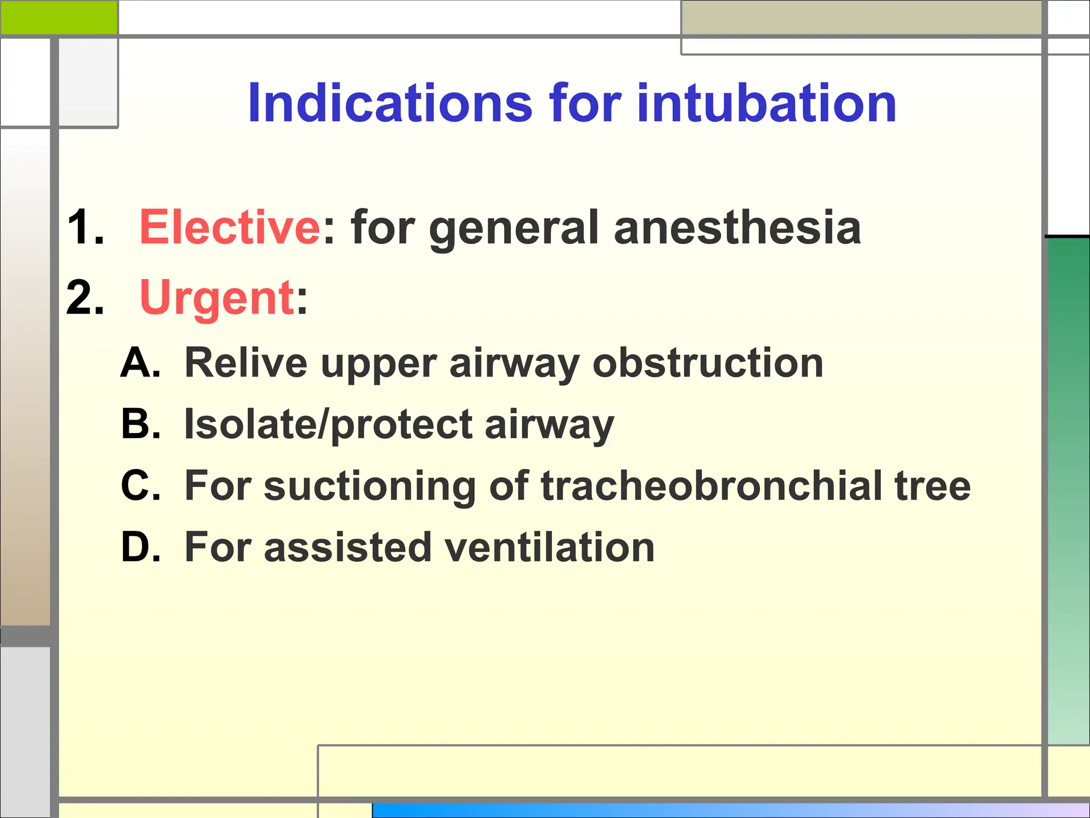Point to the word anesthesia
[737, 227]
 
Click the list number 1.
[85, 227]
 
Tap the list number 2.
[85, 298]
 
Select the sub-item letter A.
[140, 363]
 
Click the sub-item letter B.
[140, 424]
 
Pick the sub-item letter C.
[140, 486]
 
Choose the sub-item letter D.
[140, 547]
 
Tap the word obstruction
[708, 363]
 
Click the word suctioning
[370, 487]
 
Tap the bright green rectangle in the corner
[59, 17]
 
